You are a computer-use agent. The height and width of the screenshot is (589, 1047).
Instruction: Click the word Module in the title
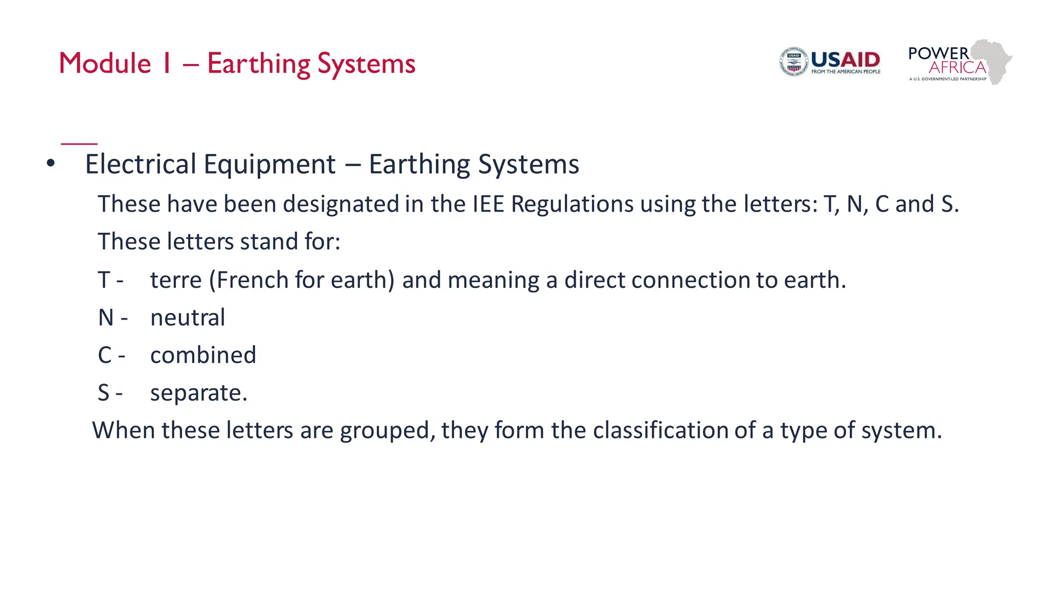coord(105,63)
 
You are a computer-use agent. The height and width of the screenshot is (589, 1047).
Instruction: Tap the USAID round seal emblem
coord(793,62)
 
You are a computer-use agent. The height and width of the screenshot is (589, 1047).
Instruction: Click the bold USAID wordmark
coord(846,60)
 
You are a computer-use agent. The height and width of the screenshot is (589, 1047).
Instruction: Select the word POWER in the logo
coord(938,53)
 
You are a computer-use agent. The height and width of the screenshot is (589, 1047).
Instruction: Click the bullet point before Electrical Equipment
coord(50,164)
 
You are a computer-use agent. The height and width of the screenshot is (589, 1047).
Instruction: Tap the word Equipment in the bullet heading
coord(269,165)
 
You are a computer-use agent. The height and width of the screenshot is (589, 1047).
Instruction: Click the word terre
coord(176,280)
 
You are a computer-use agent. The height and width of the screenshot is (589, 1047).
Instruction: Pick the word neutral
coord(188,318)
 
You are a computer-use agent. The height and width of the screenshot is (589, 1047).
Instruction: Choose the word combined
coord(203,355)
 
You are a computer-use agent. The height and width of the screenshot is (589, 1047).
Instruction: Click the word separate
coord(198,393)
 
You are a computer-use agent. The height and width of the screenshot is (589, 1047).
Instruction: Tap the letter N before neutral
coord(106,318)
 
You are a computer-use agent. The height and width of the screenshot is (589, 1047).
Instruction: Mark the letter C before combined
coord(105,355)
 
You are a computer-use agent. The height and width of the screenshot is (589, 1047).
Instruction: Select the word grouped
coord(387,431)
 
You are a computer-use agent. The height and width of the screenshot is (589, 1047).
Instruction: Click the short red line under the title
coord(79,144)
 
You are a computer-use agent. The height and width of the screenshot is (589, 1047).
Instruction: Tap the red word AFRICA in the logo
coord(957,67)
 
